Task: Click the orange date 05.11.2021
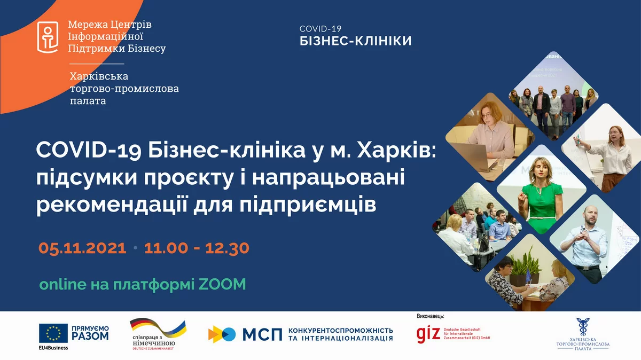point(82,248)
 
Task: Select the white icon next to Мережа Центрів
point(48,37)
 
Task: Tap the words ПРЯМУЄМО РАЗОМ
point(90,333)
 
